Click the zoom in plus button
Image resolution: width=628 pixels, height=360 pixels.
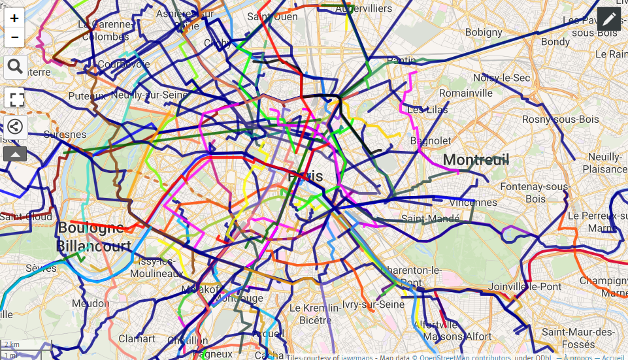point(14,18)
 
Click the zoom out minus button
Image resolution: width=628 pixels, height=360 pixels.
point(14,37)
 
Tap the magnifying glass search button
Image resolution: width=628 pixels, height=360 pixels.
point(14,66)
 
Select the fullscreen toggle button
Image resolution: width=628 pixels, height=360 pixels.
point(14,99)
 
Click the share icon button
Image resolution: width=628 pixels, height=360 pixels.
point(14,127)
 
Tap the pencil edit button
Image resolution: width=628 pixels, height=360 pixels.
point(608,19)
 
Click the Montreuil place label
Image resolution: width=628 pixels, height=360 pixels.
point(476,159)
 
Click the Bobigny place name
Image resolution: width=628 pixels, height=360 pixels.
point(483,32)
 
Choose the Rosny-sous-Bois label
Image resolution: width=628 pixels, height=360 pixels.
point(551,120)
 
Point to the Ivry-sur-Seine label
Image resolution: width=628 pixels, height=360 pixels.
point(374,304)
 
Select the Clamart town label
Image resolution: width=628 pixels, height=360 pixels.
point(137,338)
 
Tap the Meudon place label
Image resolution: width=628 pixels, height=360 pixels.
point(91,303)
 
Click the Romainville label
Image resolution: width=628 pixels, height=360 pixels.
point(466,93)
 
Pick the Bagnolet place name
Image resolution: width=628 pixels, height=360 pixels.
point(430,140)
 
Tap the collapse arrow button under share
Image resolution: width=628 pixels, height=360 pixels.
point(14,154)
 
